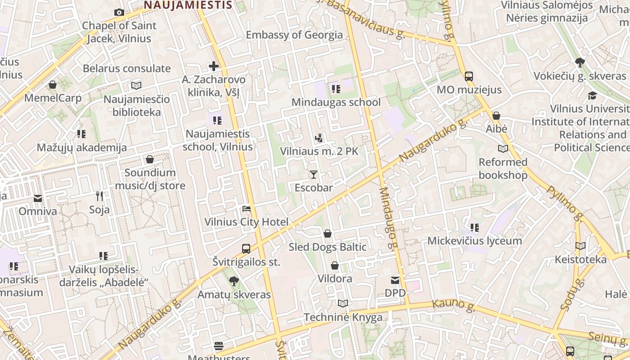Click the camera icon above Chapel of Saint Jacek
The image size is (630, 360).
119,13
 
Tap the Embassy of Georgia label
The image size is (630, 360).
294,35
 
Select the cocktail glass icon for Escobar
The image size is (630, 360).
314,174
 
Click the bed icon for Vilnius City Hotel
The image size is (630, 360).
247,209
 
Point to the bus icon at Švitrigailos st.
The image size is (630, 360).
246,248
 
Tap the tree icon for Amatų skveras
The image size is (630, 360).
234,281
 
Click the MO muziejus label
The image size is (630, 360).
469,90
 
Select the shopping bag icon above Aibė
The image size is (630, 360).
496,116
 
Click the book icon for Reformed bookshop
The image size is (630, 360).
503,148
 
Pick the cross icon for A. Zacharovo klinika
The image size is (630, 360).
214,67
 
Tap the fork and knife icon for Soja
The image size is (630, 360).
99,196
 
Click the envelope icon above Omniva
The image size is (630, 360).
38,198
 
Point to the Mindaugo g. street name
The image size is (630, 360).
389,218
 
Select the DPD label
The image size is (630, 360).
395,293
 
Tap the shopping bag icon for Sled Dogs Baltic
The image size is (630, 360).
328,234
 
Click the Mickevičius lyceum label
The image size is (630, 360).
474,241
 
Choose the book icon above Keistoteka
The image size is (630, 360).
580,246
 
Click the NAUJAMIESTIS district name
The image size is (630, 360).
188,5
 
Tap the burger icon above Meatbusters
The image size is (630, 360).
219,346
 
